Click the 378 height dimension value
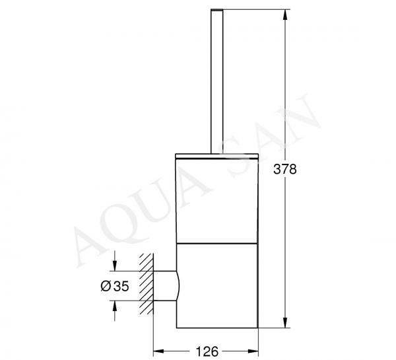point(285,169)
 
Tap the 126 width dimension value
point(207,351)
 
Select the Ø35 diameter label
point(115,286)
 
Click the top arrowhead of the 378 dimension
point(285,15)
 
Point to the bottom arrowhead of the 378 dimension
point(285,322)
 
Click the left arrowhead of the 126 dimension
point(158,351)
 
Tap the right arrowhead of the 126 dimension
point(253,351)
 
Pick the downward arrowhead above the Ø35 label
point(115,266)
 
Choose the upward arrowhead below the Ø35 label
point(115,306)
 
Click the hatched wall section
point(147,283)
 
